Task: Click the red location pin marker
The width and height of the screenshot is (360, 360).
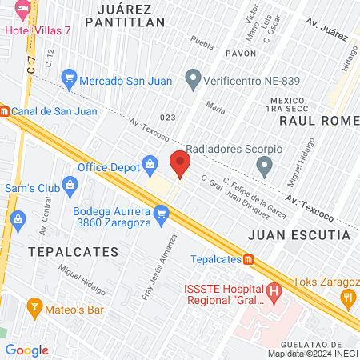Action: [180, 163]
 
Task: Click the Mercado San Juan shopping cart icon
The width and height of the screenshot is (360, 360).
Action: [69, 79]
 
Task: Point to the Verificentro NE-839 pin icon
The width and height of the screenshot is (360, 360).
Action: [192, 78]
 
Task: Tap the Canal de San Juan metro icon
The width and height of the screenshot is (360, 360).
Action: [4, 111]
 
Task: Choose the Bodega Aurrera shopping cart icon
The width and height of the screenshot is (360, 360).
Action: [162, 214]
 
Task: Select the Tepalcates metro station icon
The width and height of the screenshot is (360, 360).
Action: [249, 259]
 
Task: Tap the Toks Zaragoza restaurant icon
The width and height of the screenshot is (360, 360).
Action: [347, 298]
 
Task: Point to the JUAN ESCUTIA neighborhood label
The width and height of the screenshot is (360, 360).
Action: [298, 235]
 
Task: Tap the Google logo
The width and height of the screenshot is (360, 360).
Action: [26, 350]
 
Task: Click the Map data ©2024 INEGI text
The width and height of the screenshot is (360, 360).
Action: [313, 354]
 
